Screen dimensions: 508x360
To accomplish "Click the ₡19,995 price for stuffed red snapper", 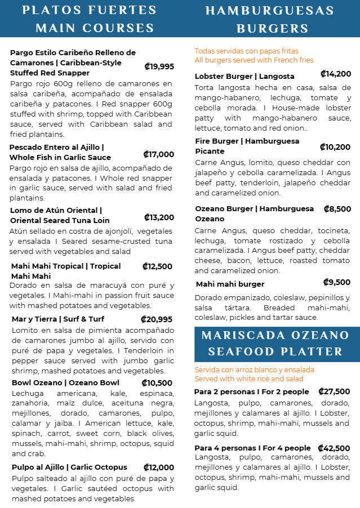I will coord(159,66).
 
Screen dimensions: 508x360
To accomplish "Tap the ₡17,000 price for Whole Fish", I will coord(158,154).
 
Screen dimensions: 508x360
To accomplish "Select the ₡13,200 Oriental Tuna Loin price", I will coord(159,217).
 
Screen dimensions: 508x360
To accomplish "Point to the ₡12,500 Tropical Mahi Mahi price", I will coord(157,266).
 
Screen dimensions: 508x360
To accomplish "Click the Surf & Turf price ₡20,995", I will coord(157,319).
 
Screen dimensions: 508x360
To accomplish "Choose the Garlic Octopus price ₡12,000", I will coord(158,467).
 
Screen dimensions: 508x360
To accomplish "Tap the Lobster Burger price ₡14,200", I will coord(336,74).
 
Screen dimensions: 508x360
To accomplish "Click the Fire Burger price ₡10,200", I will coord(335,147).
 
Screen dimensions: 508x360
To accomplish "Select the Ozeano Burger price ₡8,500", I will coord(337,209).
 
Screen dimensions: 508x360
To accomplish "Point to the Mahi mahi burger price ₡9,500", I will coord(337,282).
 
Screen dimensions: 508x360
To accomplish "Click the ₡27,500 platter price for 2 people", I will coord(334,391).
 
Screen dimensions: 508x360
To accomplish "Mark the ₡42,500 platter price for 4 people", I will coord(334,448).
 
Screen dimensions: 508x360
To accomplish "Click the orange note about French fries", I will coord(254,56).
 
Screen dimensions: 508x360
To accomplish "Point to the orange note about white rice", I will coord(254,375).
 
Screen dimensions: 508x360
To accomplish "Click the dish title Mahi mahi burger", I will coord(230,284).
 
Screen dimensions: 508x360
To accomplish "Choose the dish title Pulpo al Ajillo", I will coord(69,467).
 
